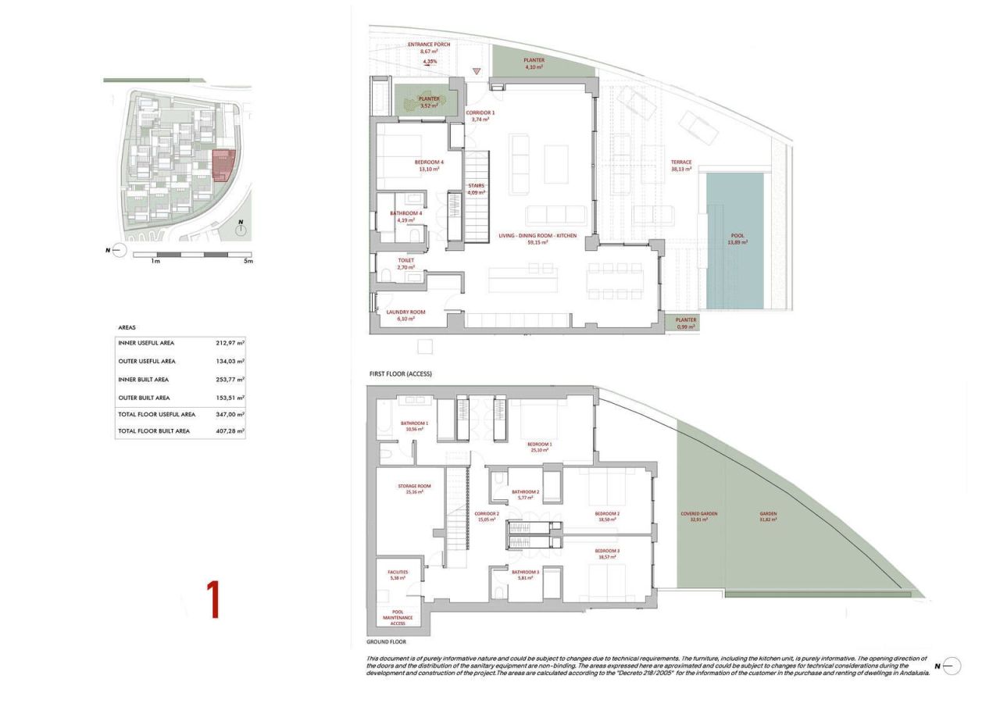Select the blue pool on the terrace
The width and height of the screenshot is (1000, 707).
734,240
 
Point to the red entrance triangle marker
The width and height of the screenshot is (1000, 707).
477,73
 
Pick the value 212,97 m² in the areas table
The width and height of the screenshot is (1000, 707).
230,343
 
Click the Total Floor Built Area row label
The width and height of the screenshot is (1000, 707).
154,431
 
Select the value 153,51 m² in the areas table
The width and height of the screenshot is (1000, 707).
230,398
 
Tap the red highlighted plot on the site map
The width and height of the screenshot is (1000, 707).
223,163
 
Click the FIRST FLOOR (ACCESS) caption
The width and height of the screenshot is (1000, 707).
401,374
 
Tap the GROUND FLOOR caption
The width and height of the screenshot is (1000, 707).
386,642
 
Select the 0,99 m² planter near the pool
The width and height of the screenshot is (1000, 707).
685,322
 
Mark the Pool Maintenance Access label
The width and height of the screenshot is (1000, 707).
397,617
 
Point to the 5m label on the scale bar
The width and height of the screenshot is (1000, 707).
248,261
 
